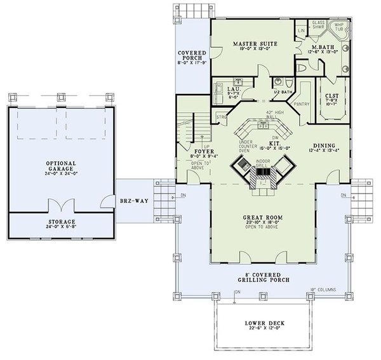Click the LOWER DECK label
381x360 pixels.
262,324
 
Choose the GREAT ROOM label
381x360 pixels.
262,217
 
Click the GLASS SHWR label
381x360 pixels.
318,25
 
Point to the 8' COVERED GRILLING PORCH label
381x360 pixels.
262,274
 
